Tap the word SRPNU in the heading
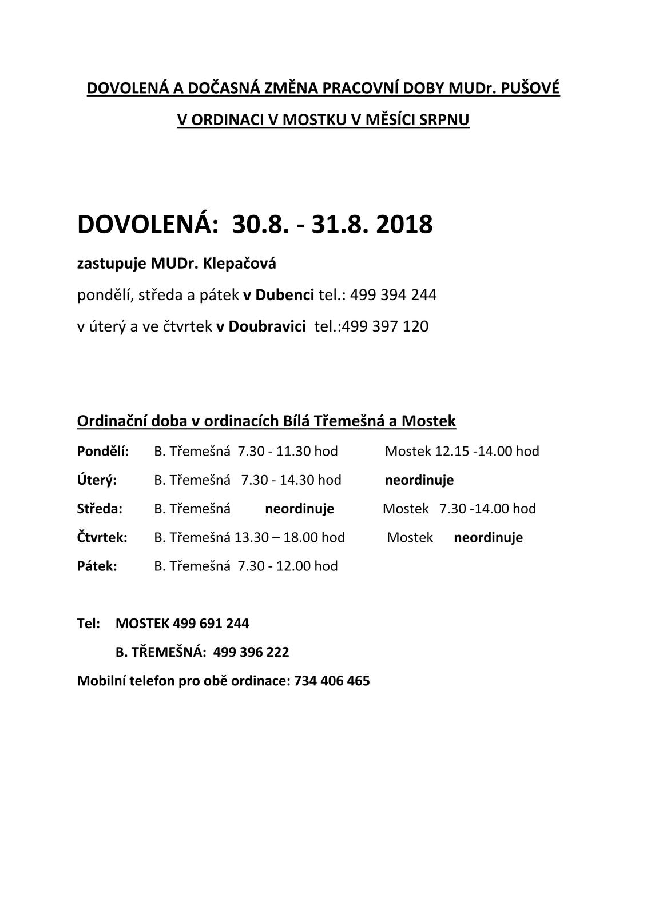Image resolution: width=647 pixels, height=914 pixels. click(444, 120)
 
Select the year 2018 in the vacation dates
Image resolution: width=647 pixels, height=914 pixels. click(404, 225)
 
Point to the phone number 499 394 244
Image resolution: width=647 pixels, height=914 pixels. click(393, 295)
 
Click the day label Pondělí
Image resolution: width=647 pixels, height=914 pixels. click(103, 452)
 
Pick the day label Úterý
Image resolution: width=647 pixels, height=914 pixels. click(97, 480)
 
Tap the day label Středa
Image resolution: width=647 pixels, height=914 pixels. click(100, 509)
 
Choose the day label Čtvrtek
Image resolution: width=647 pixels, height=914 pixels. click(102, 537)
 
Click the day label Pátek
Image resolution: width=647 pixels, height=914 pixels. click(97, 566)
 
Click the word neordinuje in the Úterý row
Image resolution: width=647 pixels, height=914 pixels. click(419, 480)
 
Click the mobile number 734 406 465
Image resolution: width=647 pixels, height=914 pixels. click(332, 681)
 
